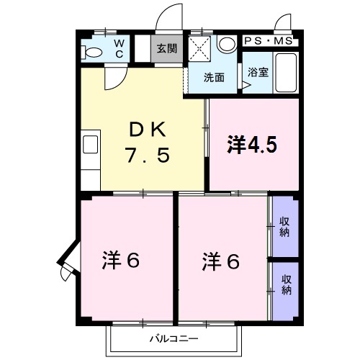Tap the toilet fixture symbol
tap(91, 52)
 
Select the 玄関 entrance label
tap(167, 50)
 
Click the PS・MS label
tap(268, 41)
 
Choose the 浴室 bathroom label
tap(257, 73)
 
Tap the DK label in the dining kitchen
tap(148, 130)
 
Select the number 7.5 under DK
tap(148, 155)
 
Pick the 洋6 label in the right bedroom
tap(220, 260)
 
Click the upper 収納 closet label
tap(285, 227)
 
